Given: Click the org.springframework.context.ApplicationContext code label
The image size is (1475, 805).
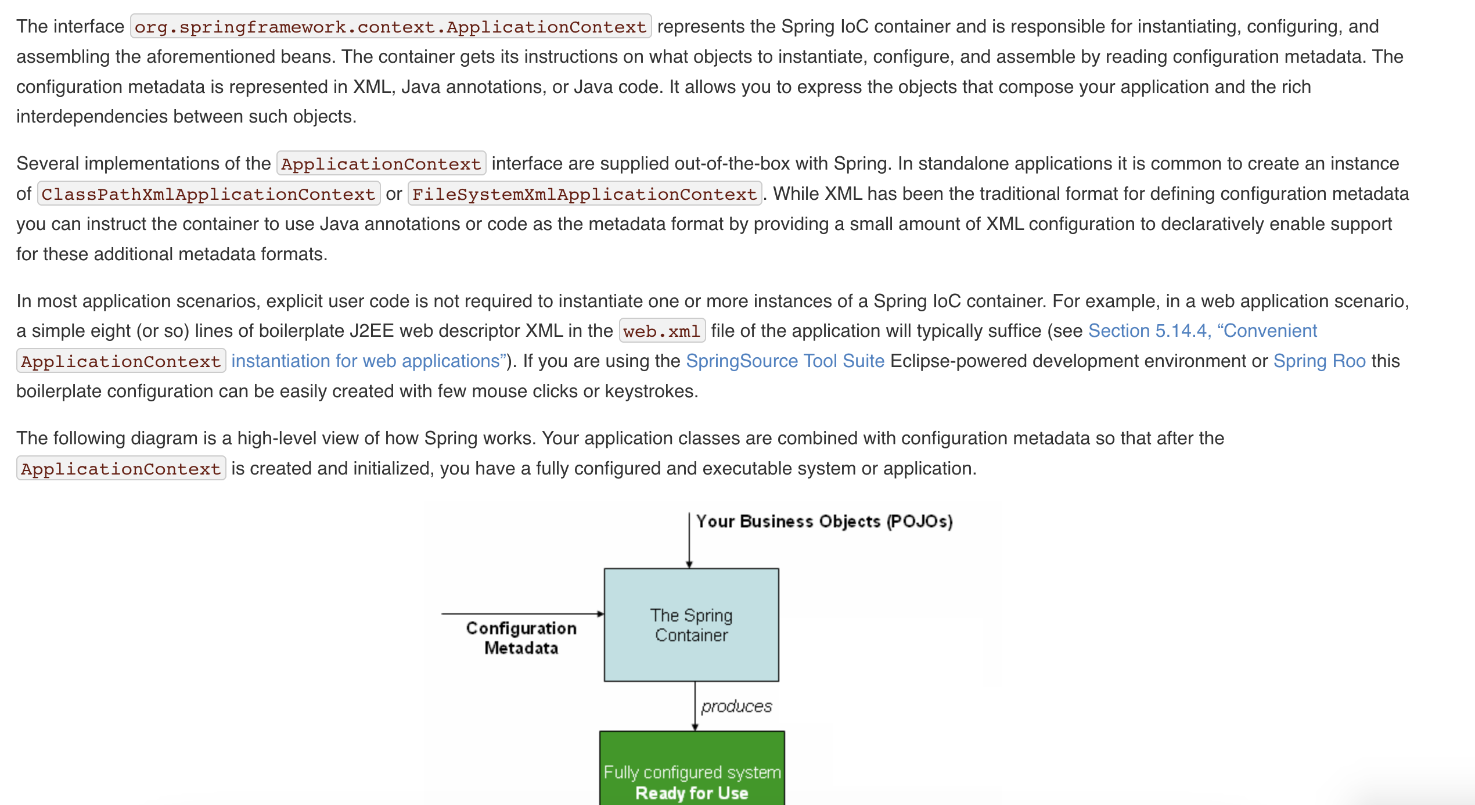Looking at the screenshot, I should (x=390, y=27).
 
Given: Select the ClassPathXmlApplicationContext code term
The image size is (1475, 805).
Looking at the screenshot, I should (x=208, y=194).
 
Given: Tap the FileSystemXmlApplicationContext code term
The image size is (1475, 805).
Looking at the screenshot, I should (x=585, y=194).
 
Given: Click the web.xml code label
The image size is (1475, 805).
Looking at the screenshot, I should (x=662, y=331).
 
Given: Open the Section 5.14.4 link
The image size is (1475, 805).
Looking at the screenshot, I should (x=1202, y=331).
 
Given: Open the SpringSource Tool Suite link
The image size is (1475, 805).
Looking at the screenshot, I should (x=785, y=361).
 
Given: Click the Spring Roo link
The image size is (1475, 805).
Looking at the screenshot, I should (x=1319, y=361).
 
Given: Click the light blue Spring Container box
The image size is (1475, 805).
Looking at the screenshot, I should (x=691, y=625).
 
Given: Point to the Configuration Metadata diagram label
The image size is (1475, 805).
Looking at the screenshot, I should (x=521, y=638).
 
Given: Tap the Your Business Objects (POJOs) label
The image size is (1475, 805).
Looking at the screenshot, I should (x=825, y=522).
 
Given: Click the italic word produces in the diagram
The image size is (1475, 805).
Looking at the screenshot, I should (x=736, y=707).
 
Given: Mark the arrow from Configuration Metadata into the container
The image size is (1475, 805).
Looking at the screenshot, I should (x=523, y=613).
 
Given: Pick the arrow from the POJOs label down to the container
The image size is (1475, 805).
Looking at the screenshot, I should (x=689, y=540).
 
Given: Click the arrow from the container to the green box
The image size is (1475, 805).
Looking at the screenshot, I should (x=695, y=706).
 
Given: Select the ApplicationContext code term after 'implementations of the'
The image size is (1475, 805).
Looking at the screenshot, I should (x=381, y=164).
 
